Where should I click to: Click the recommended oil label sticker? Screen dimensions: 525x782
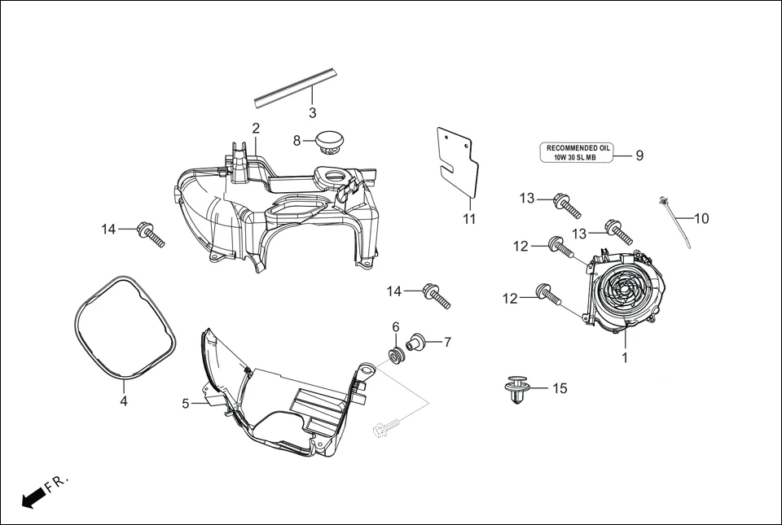coord(577,152)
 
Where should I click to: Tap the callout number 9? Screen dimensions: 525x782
coord(639,155)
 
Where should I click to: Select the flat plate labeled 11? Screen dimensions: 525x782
coord(457,161)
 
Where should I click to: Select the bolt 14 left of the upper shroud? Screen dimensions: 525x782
coord(152,234)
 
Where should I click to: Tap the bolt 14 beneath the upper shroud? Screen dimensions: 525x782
coord(437,295)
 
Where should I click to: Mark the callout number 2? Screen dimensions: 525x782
coord(256,129)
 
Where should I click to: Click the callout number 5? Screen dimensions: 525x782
coord(186,403)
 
